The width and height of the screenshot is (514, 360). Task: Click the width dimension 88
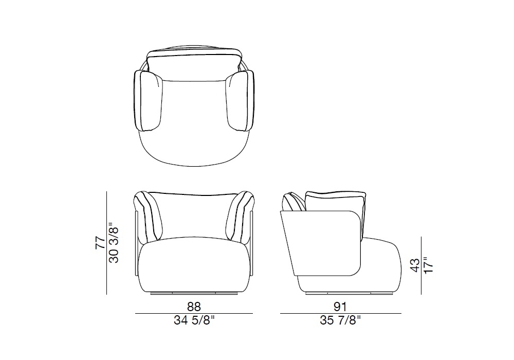coord(194,307)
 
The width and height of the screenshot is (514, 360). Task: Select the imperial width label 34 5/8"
coord(194,320)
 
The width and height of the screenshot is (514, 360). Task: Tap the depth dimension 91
coord(340,307)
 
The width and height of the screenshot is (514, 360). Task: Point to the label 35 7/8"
coord(340,320)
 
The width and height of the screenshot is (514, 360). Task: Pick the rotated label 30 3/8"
coord(114,243)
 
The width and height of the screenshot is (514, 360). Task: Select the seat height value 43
coord(415,265)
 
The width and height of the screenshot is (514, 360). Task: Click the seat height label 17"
coord(428,265)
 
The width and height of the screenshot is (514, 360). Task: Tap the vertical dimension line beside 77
coord(107,243)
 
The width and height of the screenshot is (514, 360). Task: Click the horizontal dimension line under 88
coord(194,314)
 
